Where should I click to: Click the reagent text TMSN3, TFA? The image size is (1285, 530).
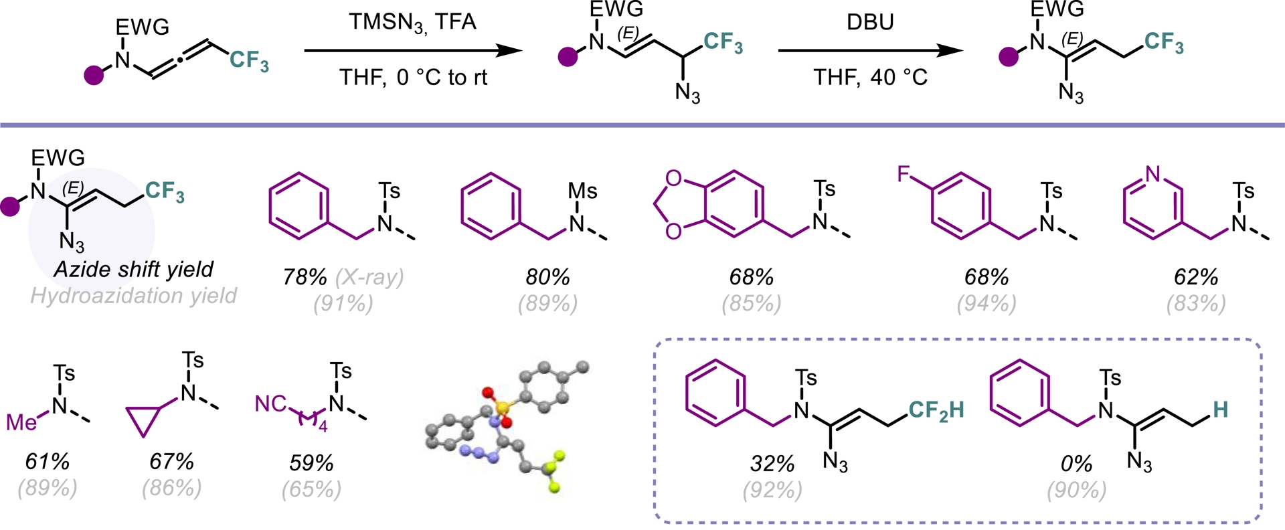[x=412, y=22]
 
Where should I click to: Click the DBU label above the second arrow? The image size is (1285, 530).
[x=869, y=22]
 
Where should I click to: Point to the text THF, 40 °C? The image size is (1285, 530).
[x=869, y=78]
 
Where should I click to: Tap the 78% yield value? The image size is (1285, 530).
[x=305, y=277]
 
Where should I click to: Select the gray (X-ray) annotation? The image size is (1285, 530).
[x=369, y=277]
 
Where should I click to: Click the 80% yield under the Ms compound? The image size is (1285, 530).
[x=547, y=277]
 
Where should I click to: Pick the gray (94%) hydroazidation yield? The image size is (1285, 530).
[x=986, y=304]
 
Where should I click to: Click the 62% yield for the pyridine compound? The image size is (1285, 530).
[x=1195, y=277]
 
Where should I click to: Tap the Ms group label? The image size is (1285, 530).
[x=582, y=191]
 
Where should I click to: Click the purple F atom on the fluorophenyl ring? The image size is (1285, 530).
[x=904, y=175]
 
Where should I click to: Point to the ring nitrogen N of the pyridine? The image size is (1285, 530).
[x=1152, y=175]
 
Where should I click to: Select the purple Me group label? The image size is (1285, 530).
[x=21, y=422]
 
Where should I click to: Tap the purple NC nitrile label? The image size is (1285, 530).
[x=271, y=404]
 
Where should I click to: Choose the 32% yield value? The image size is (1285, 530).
[x=772, y=463]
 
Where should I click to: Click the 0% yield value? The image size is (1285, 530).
[x=1076, y=463]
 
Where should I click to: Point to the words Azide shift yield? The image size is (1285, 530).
[x=133, y=269]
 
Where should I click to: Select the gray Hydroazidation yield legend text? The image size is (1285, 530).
[x=133, y=296]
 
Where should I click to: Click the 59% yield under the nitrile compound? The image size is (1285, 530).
[x=311, y=462]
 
